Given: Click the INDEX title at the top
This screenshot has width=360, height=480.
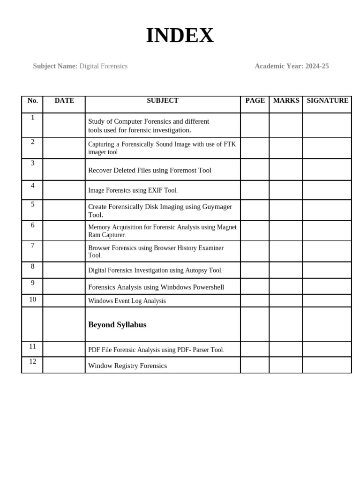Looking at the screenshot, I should pos(180,36).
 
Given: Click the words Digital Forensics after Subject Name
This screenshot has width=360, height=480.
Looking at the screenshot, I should pos(103,66).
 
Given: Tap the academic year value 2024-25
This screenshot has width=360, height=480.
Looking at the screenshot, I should pos(317,66).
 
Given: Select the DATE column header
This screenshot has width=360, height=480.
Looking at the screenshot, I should pos(64,100).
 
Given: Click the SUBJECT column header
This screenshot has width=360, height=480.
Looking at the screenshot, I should pos(162,100).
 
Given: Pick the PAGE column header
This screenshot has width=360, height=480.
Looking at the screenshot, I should pos(255,100).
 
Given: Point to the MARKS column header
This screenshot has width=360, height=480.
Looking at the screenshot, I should pos(286,100).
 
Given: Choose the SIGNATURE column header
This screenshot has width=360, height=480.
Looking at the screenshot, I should pos(327,100).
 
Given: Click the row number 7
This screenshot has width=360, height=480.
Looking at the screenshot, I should pos(32,245).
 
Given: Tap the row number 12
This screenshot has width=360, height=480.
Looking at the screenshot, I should pos(32,361).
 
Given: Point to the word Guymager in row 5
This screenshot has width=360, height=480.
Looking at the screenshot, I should pos(217,206).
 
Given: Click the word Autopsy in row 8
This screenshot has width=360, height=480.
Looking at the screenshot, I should pos(196,270).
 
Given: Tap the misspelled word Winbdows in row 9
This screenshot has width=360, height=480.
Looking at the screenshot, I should pos(174,287).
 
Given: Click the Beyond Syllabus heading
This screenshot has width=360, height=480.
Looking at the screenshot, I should pos(117,324).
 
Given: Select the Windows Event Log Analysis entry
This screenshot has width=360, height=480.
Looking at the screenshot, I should pos(127,301).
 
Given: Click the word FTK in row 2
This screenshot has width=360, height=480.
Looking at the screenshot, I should pos(229,144).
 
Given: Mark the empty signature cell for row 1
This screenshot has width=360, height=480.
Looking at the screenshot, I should pos(327,125).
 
